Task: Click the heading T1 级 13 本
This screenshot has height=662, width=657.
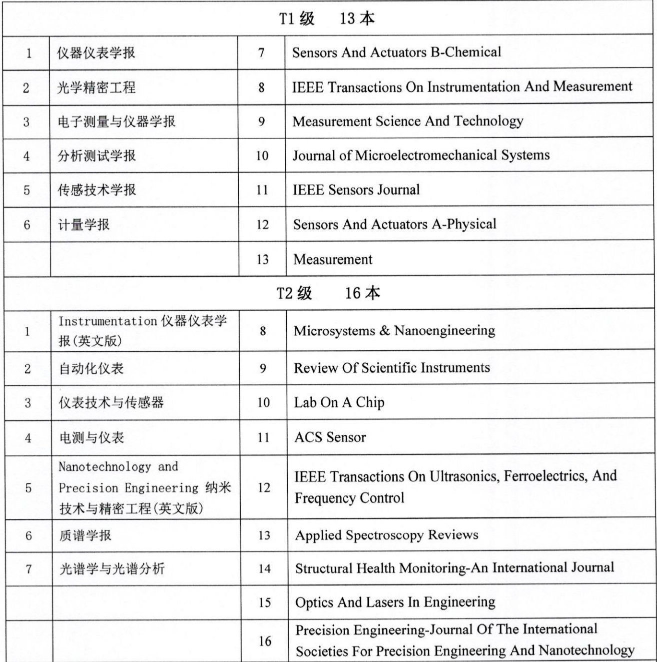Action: click(327, 19)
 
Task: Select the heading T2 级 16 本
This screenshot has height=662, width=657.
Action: click(328, 293)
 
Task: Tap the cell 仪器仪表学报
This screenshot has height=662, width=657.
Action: click(96, 53)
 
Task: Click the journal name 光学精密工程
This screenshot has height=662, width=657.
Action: click(96, 88)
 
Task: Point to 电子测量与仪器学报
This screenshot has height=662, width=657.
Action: click(116, 122)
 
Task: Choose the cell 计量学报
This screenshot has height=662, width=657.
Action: click(83, 225)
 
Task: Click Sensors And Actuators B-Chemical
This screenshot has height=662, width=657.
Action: click(396, 52)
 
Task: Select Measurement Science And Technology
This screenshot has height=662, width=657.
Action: click(408, 121)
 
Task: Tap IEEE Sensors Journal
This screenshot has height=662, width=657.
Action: click(356, 190)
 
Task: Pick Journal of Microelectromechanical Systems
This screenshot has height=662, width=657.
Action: click(421, 155)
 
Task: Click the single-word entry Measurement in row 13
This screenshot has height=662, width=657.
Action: click(333, 259)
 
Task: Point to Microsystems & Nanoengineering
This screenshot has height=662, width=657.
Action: click(394, 331)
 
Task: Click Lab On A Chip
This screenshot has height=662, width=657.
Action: click(339, 402)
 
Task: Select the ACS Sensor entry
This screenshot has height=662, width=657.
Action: click(330, 437)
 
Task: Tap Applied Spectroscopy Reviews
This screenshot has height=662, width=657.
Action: click(386, 535)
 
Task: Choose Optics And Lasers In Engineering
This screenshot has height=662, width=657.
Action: click(395, 602)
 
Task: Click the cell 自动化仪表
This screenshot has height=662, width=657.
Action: click(91, 369)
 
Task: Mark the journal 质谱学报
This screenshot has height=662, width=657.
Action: click(85, 535)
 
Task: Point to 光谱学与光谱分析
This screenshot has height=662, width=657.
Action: click(112, 569)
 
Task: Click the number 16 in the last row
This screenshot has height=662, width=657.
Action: click(265, 641)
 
